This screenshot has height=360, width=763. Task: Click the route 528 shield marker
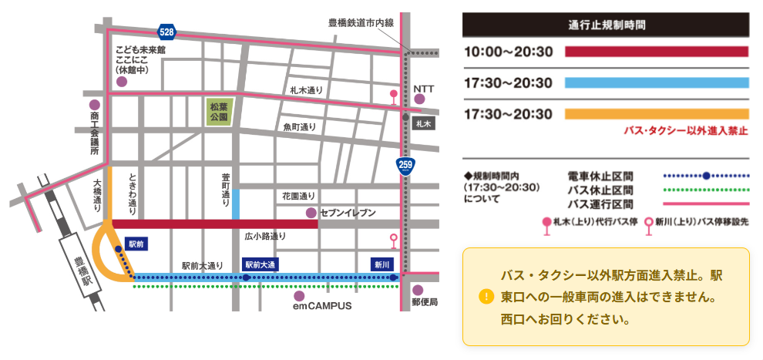point(166,32)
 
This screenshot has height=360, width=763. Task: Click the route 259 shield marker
point(405,164)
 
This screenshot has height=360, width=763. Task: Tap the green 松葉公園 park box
point(220,113)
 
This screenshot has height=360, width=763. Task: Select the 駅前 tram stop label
point(136,244)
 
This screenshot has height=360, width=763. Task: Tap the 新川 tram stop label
point(382,264)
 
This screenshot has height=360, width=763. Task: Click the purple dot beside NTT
point(419,99)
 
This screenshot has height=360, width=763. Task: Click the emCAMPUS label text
point(321,306)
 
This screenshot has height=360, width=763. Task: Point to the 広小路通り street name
point(265,236)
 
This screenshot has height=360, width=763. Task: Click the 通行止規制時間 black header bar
point(605,24)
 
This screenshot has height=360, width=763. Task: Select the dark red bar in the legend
point(657,52)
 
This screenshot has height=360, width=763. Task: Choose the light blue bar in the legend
point(657,83)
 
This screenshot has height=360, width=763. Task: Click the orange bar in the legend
point(657,114)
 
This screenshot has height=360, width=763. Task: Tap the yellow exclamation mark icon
point(486,296)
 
